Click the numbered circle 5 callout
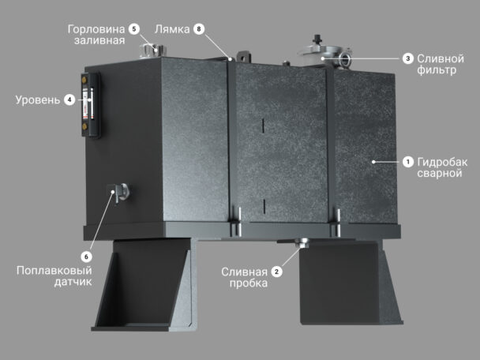[133, 29]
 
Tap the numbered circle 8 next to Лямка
[199, 29]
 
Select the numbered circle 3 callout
[407, 58]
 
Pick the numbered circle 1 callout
[407, 162]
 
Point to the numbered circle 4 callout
[69, 99]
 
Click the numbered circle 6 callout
[86, 257]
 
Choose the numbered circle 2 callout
[277, 272]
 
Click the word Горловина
[96, 29]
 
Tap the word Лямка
[172, 29]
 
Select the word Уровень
[38, 100]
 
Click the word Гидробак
[442, 162]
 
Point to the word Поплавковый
[54, 271]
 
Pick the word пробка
[249, 283]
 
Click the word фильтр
[437, 70]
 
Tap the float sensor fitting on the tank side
[118, 192]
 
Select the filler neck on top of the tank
[152, 51]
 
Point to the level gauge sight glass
[90, 103]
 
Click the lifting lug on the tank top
[244, 57]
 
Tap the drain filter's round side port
[346, 58]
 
